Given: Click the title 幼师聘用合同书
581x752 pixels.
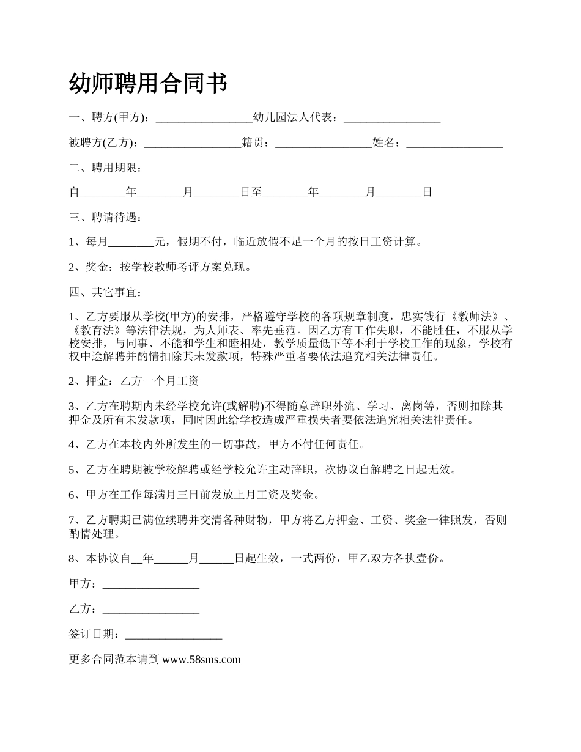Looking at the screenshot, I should (x=149, y=83).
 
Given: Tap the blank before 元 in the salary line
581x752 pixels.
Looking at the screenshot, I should (x=131, y=242).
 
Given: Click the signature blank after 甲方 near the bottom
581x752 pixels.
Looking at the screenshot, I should (x=151, y=585).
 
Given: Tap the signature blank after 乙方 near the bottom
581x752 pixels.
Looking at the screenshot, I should (x=151, y=610).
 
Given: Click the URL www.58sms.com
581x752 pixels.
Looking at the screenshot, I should (x=202, y=660).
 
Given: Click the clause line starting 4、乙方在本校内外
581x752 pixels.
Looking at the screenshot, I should (x=217, y=444).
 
